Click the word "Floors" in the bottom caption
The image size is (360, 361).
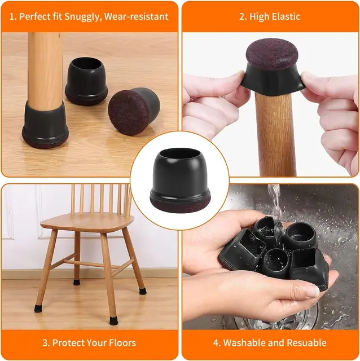(x=120, y=342)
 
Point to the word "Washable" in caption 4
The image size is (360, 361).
(x=247, y=342)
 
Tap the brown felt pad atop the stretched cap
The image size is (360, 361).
(x=273, y=54)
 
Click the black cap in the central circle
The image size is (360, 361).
(x=179, y=172)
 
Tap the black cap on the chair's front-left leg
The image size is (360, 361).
(x=38, y=308)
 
